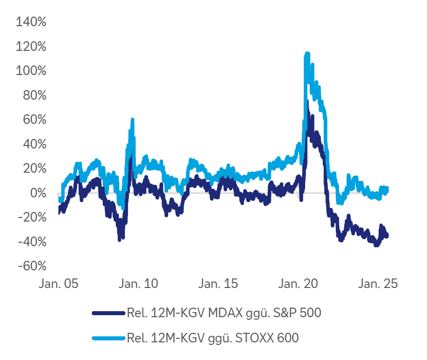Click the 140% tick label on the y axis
[x=31, y=22]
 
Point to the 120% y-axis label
[x=31, y=47]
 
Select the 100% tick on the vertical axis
[x=31, y=71]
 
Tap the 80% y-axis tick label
[x=34, y=96]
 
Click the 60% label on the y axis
[x=34, y=120]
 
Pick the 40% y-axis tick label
[x=34, y=145]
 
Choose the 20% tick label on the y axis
[x=34, y=169]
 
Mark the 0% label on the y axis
[x=38, y=193]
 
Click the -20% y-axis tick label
[x=32, y=218]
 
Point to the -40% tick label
[x=32, y=242]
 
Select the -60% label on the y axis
[x=32, y=266]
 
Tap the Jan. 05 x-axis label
[x=59, y=284]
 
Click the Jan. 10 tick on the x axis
[x=138, y=284]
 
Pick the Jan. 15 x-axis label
[x=218, y=284]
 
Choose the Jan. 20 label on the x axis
[x=298, y=284]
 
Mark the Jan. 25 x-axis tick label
[x=377, y=284]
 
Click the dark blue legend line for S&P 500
[x=108, y=313]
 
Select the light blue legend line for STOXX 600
[x=108, y=338]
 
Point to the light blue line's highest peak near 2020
[x=307, y=53]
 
